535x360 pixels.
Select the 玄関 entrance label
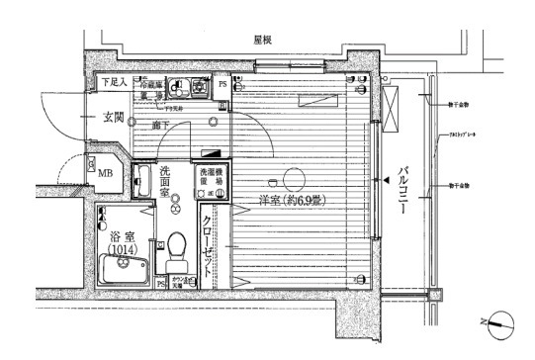point(112,119)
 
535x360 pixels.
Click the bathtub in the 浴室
point(124,267)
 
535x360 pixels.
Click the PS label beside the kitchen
point(223,85)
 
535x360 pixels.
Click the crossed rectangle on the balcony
point(392,104)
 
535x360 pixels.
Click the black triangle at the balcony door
point(382,181)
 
